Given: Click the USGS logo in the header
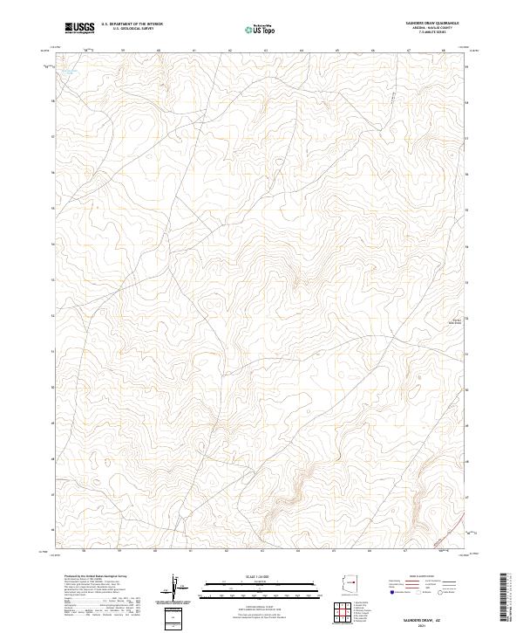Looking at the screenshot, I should (x=81, y=29).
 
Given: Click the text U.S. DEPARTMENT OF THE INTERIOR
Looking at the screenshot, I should (x=132, y=24).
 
